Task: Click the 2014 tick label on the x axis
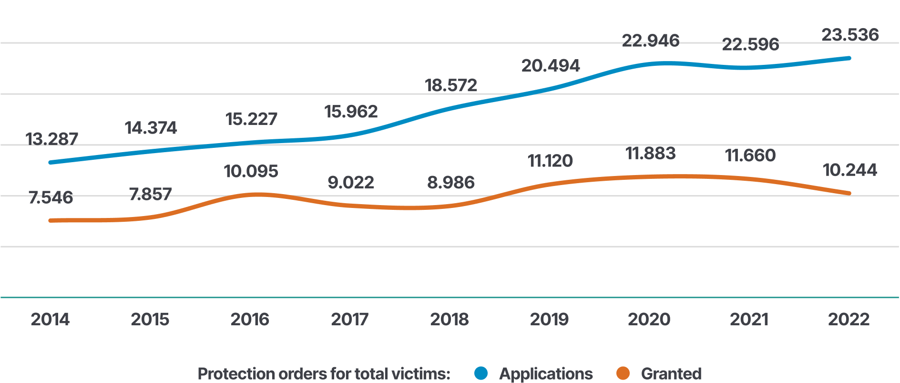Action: point(50,319)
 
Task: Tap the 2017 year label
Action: point(350,319)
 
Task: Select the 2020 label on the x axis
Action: point(649,319)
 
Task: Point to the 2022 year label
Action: point(849,319)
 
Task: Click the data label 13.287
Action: point(51,139)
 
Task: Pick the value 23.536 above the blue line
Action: point(850,34)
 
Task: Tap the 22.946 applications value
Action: point(651,41)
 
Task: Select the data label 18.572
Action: point(450,85)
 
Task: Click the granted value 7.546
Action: point(51,197)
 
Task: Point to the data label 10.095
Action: point(251,171)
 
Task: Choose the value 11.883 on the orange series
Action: point(650,153)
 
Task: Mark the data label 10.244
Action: point(849,170)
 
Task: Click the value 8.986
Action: point(450,182)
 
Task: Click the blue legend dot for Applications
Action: point(481,373)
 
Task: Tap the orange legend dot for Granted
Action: point(623,373)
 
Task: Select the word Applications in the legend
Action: point(546,373)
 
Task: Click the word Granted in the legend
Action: point(671,373)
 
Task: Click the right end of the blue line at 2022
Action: point(849,58)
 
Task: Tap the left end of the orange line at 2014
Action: point(51,220)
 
